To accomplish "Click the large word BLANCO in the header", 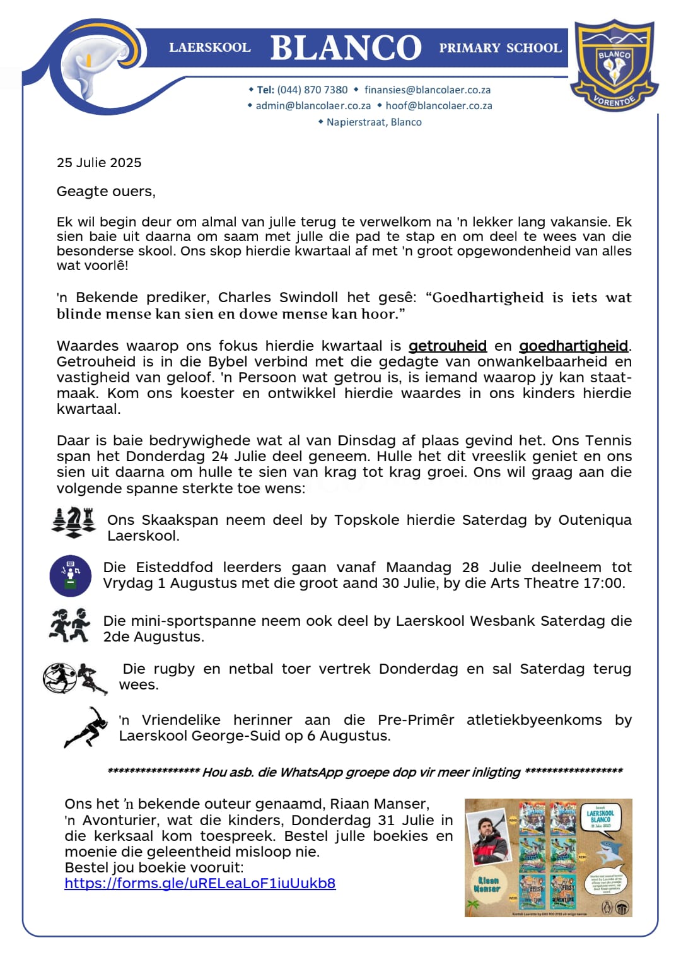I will [x=346, y=48].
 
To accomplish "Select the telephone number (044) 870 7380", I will [x=312, y=90].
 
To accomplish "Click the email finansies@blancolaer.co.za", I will [x=428, y=90].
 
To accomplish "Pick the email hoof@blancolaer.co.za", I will [x=439, y=105].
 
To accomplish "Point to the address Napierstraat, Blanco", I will [x=374, y=122].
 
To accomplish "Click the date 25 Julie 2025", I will [x=99, y=162].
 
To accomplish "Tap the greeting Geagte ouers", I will [x=106, y=191].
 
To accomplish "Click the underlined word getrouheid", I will [x=448, y=346].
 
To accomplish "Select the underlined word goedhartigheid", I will [x=573, y=346].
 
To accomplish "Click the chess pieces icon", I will [x=73, y=522].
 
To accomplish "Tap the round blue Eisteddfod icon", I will [x=71, y=575].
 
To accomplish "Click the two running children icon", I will [x=69, y=625].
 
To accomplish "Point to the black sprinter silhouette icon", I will [x=87, y=727].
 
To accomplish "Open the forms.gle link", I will [x=200, y=883].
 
